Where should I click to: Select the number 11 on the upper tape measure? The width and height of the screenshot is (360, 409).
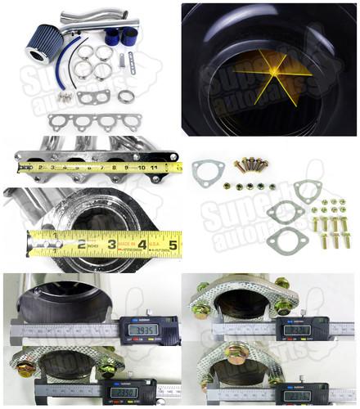tap(153, 169)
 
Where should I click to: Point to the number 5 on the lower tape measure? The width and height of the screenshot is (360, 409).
tap(172, 243)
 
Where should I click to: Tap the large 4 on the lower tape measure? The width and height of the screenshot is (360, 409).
tap(142, 243)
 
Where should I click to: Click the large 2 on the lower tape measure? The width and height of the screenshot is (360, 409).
tap(82, 244)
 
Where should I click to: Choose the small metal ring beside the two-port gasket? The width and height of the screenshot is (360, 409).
tap(126, 96)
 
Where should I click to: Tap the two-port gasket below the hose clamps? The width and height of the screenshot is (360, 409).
tap(94, 97)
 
